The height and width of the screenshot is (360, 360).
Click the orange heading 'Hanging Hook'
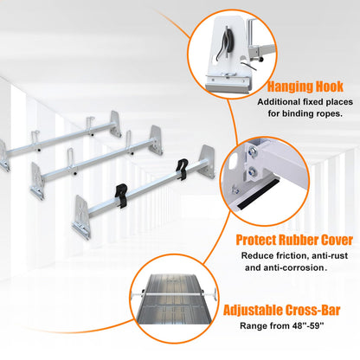(305, 87)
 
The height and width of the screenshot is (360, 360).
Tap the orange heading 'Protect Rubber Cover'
(294, 240)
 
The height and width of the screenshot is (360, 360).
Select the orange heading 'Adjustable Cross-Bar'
(281, 310)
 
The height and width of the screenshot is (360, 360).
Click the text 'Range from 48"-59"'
(282, 326)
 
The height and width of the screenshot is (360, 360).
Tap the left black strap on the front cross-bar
(121, 192)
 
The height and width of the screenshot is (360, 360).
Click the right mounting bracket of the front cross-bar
(208, 162)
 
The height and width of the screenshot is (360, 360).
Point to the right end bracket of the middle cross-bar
(156, 140)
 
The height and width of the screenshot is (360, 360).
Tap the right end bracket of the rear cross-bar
(115, 124)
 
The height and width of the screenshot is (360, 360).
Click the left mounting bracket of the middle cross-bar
(37, 180)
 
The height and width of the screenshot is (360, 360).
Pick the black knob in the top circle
(261, 60)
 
